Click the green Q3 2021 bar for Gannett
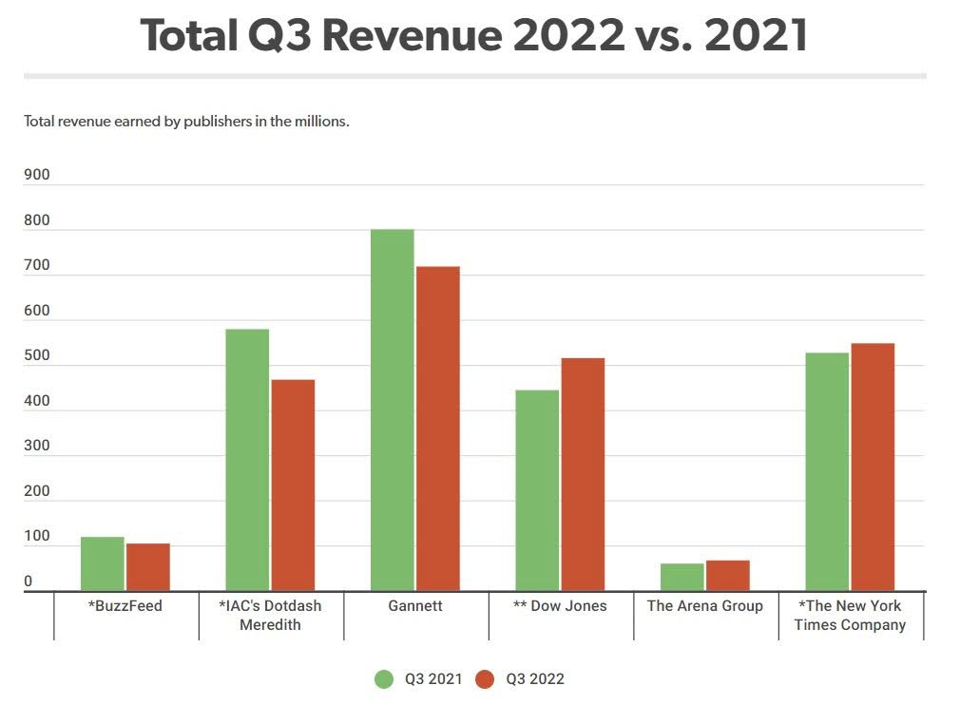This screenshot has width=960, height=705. [x=393, y=410]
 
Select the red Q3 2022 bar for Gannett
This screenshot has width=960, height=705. [x=438, y=429]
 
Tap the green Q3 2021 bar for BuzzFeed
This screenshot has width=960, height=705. [x=103, y=563]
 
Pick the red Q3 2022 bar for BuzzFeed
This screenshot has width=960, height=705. [x=148, y=567]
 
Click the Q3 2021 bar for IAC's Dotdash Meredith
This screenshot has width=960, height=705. [x=247, y=460]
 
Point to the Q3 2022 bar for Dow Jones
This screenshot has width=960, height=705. [x=583, y=474]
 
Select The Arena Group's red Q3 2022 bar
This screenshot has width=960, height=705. [x=728, y=576]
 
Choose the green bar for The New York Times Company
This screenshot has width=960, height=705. [x=827, y=471]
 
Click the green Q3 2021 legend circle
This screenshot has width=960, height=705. [x=384, y=678]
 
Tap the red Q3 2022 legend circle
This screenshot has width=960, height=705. [x=485, y=678]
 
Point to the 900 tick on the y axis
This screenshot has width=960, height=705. [x=37, y=175]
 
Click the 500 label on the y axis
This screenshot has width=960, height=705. [x=37, y=355]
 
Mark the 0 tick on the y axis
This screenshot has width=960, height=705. [x=29, y=581]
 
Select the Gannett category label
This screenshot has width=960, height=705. [x=415, y=606]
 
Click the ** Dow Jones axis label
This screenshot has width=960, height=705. [x=561, y=606]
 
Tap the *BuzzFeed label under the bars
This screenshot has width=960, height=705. [x=125, y=606]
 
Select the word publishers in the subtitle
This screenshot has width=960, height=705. [x=211, y=122]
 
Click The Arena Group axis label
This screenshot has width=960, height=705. [x=704, y=606]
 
